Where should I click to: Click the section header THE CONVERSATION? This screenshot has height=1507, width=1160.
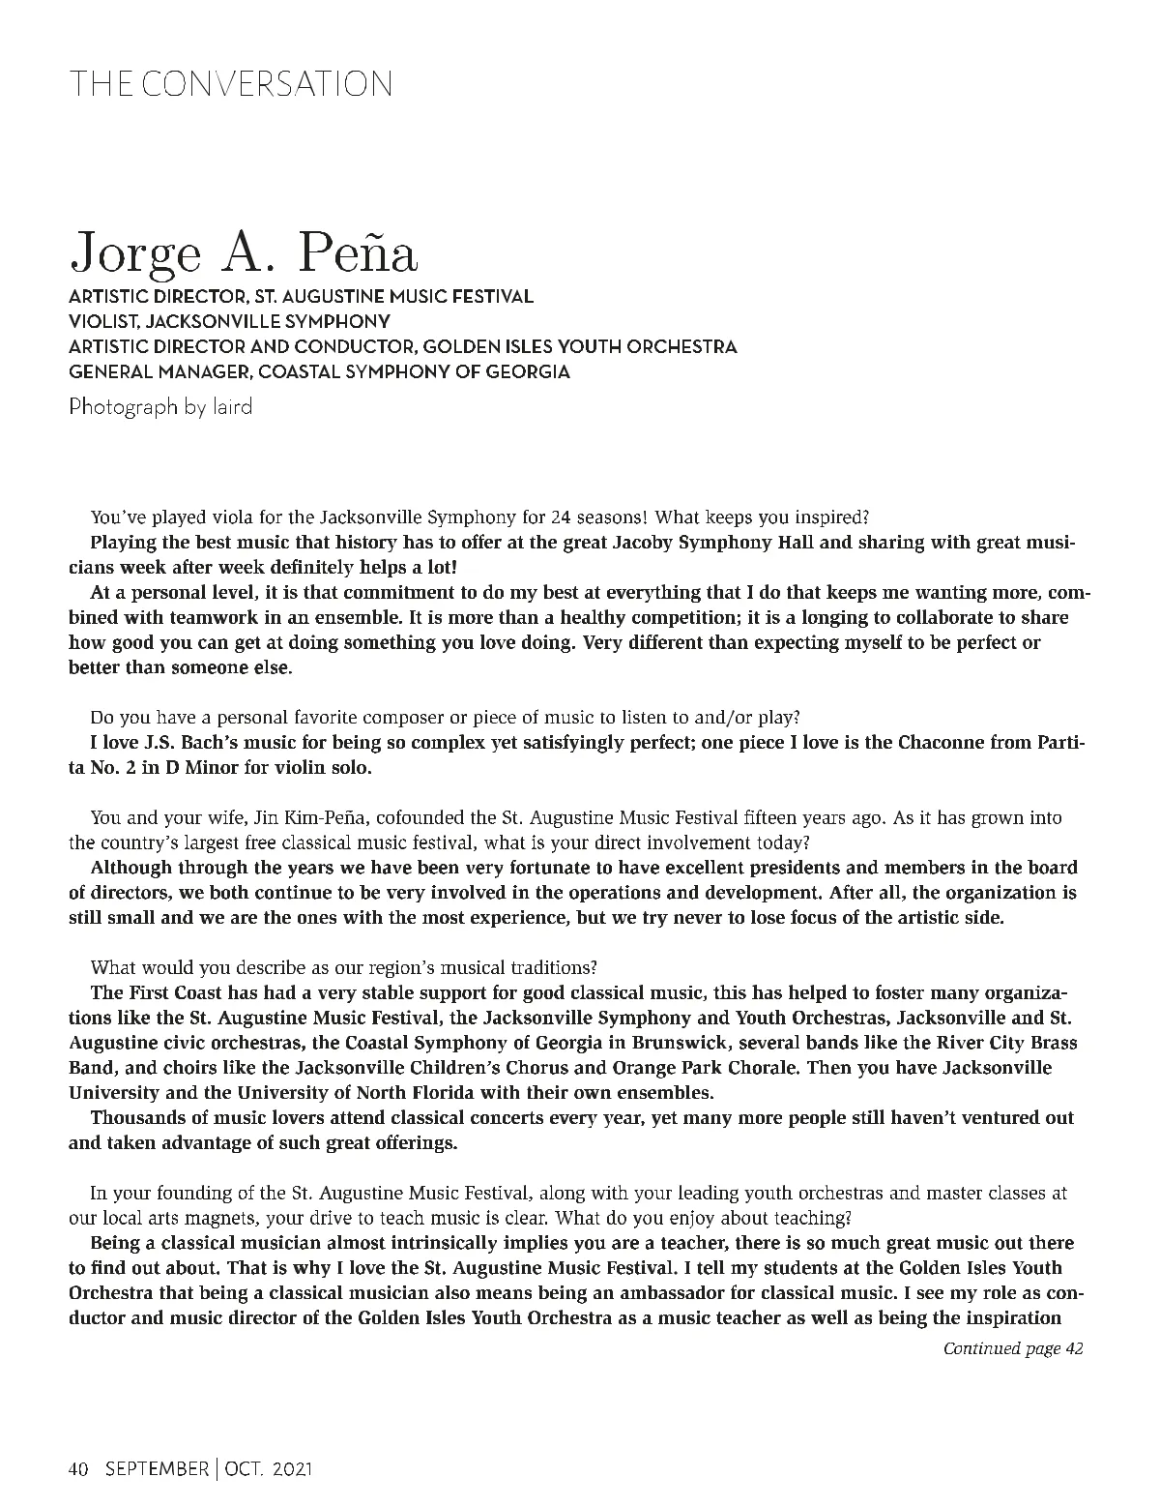(230, 84)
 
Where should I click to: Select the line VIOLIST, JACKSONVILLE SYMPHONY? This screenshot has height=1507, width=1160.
(229, 321)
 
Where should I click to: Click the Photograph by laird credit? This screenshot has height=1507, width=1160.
(160, 406)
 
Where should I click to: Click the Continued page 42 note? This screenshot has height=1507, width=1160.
(1012, 1348)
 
